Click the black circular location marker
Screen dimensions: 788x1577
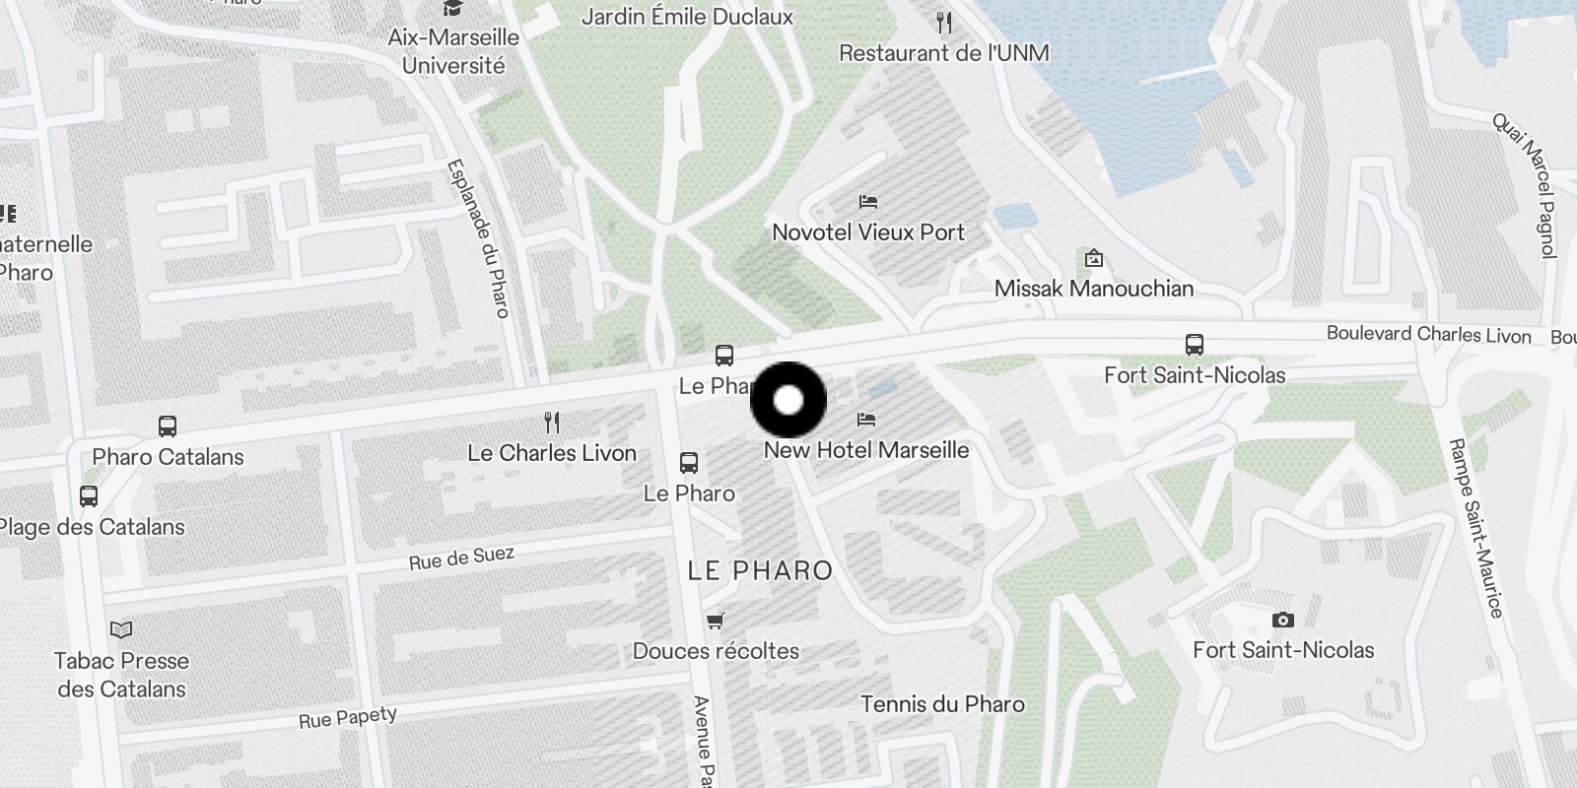click(x=788, y=400)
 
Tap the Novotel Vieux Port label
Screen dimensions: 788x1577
click(x=867, y=232)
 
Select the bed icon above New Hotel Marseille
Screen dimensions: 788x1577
click(x=866, y=420)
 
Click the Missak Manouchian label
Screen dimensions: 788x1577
click(x=1093, y=289)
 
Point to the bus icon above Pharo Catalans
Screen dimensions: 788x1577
click(x=168, y=427)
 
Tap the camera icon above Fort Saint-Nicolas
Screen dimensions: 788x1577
click(x=1282, y=620)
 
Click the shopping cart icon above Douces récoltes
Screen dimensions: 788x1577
click(x=716, y=621)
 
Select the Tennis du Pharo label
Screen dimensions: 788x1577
click(x=942, y=704)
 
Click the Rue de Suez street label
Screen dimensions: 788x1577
click(x=461, y=558)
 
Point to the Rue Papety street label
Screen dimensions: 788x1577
click(x=347, y=717)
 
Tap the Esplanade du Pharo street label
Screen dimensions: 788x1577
click(x=478, y=238)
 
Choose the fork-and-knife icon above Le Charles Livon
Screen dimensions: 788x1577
click(x=552, y=423)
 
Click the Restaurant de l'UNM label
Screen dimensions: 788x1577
click(x=943, y=53)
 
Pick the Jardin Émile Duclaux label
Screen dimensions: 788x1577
click(x=687, y=17)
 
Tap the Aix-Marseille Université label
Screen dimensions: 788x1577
click(x=453, y=51)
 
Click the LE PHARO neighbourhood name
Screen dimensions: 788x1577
click(x=760, y=570)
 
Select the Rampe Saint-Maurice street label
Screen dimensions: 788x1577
click(x=1474, y=528)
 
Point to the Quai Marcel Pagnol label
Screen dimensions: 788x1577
click(x=1525, y=184)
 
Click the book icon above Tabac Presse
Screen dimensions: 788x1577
click(x=121, y=629)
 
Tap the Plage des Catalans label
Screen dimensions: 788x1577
click(x=92, y=527)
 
